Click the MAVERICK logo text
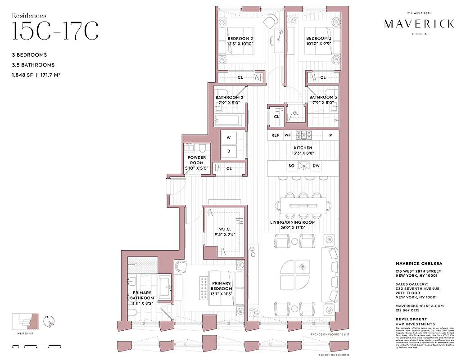point(419,24)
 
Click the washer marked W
point(229,137)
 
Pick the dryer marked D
point(229,151)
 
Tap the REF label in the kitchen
point(276,135)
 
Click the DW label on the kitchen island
point(317,166)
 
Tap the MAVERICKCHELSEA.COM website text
point(419,306)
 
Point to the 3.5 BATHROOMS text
point(34,65)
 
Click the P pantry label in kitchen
point(330,135)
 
